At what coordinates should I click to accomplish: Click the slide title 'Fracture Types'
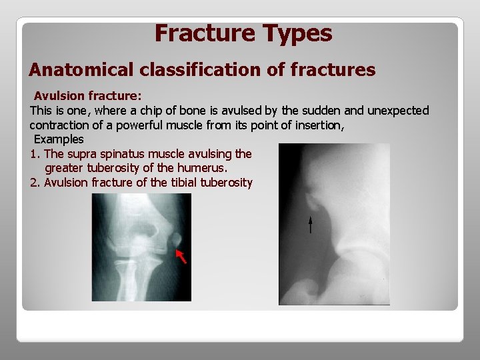click(243, 33)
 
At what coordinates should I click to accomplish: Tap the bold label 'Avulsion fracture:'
click(87, 95)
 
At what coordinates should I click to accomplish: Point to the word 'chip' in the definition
click(144, 110)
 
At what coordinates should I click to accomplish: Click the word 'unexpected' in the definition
click(399, 110)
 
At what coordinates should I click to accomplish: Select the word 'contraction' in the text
click(59, 125)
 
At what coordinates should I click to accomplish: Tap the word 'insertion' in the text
click(316, 125)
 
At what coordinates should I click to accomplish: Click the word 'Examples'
click(59, 139)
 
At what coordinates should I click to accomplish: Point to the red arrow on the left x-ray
click(181, 255)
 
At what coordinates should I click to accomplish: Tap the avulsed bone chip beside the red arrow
click(175, 239)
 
